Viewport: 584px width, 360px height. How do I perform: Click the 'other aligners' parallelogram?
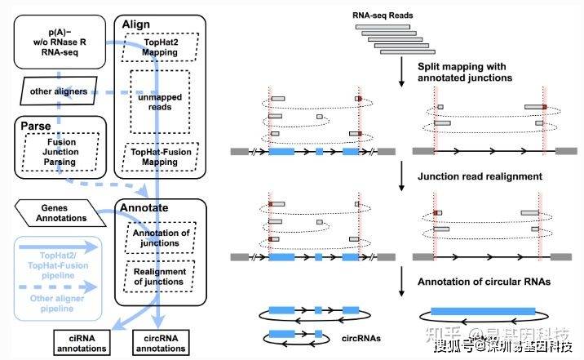coord(54,91)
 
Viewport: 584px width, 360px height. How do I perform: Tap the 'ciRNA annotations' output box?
coord(81,344)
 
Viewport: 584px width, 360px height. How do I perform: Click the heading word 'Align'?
coord(135,24)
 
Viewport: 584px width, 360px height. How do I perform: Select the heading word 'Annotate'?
coord(144,207)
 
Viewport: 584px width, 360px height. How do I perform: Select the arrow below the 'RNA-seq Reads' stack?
coord(401,72)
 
